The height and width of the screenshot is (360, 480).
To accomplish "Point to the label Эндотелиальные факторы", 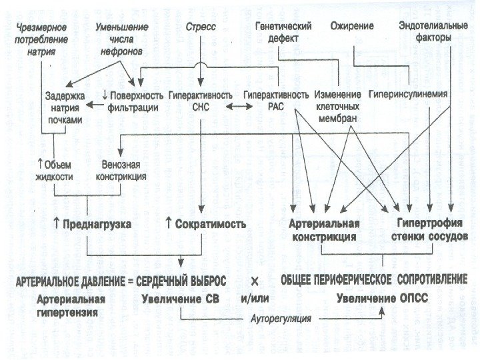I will click(425, 32).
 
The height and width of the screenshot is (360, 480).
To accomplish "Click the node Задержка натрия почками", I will click(65, 107).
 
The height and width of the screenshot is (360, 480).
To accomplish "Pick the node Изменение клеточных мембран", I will click(338, 107).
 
